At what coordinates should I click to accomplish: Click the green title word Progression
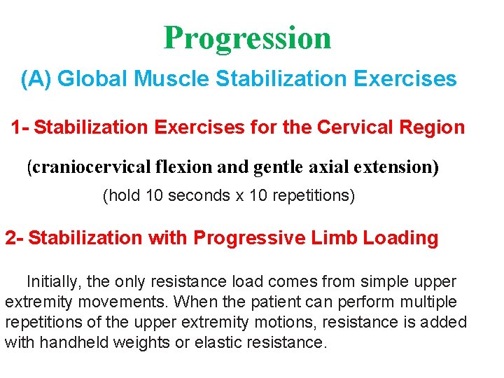(247, 38)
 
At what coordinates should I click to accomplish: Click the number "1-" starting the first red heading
(20, 127)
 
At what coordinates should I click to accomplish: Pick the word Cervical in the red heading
(357, 127)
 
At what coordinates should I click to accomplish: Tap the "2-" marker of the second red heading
(15, 238)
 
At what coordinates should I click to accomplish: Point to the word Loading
(399, 238)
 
